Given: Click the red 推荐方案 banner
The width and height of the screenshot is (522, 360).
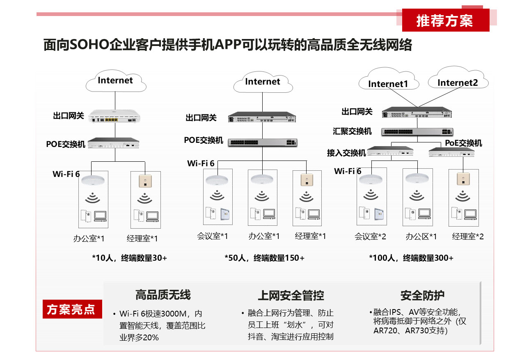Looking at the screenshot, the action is click(445, 20).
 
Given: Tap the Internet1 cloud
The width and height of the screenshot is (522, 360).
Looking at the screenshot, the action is click(389, 79).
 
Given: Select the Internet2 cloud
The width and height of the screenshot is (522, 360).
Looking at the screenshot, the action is click(458, 78).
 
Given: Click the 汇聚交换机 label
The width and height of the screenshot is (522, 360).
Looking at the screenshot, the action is click(352, 131).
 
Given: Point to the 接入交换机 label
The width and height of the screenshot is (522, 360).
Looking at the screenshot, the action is click(346, 153).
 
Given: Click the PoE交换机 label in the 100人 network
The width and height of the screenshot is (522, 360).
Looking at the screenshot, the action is click(463, 143).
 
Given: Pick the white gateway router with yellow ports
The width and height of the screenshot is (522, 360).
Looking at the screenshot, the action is click(114, 116).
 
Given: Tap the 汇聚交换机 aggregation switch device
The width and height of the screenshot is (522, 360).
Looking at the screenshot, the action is click(417, 132).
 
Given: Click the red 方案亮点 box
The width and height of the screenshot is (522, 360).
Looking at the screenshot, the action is click(72, 309).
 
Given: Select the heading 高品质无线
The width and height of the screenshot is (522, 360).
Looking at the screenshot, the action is click(163, 295).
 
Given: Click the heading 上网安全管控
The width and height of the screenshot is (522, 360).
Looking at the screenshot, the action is click(291, 296).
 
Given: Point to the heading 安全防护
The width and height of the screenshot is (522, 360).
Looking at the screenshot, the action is click(423, 296).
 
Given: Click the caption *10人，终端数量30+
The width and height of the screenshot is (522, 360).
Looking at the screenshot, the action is click(130, 258).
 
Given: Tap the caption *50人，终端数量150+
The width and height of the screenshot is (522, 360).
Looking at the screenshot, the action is click(265, 258).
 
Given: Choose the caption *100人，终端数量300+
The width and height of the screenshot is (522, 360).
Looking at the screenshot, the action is click(411, 258).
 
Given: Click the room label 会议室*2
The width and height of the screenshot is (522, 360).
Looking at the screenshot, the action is click(370, 236).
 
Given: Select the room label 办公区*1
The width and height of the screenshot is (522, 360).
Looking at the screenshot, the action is click(421, 236).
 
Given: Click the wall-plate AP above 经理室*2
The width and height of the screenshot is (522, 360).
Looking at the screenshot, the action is click(463, 179).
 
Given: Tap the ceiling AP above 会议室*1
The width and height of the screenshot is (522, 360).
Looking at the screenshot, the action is click(217, 180).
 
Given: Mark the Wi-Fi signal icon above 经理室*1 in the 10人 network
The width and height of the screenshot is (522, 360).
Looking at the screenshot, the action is click(145, 198).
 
